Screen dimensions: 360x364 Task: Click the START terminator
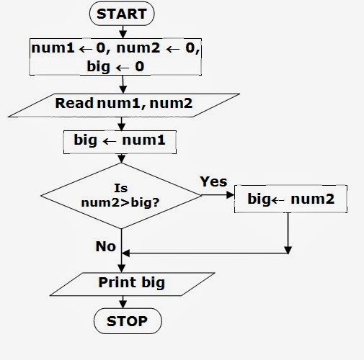[120, 14]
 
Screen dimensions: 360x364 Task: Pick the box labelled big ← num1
[120, 140]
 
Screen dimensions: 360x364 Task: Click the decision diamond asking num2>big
[120, 196]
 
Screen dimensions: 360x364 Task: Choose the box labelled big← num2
[290, 199]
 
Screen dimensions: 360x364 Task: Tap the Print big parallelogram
[131, 282]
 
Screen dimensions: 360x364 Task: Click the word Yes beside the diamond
[213, 181]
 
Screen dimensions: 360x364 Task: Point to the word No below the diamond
[105, 246]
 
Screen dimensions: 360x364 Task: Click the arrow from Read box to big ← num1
[120, 122]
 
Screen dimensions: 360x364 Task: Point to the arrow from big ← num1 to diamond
[120, 158]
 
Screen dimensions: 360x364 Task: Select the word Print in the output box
[117, 282]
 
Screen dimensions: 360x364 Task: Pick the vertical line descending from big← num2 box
[288, 232]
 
